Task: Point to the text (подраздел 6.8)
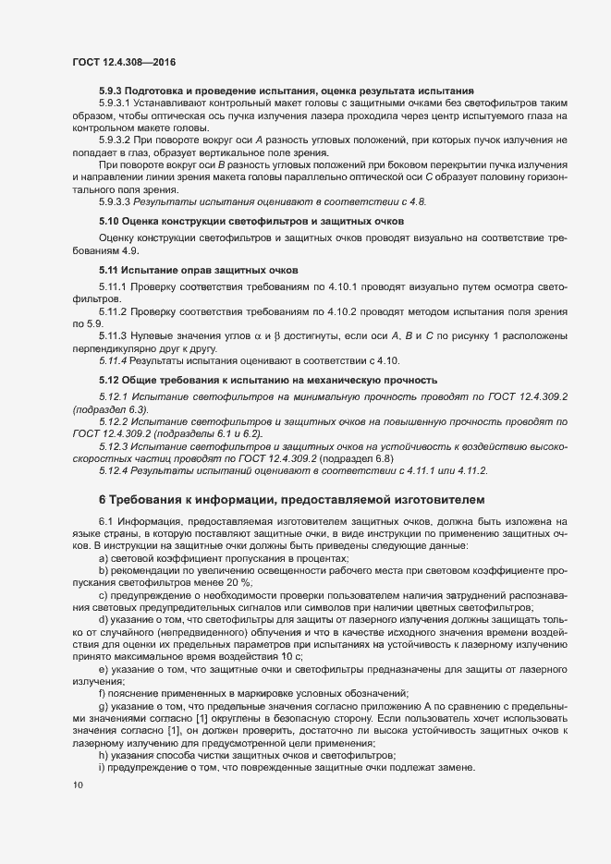[364, 457]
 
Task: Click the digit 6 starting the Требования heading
[103, 499]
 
